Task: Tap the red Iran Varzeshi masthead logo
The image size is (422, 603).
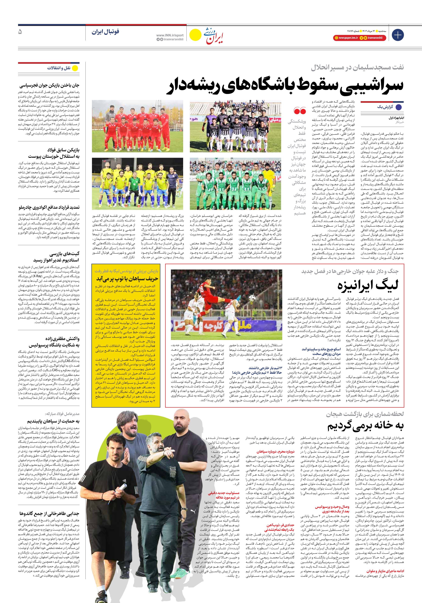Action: point(213,35)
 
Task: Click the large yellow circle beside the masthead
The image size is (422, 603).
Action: point(195,35)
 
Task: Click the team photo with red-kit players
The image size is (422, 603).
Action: point(137,126)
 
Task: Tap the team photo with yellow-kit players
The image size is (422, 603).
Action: point(137,183)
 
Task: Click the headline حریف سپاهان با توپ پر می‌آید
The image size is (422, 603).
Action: point(127,278)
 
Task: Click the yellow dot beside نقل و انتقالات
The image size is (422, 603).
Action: point(75,68)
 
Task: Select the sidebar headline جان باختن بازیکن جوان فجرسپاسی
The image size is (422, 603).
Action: point(49,85)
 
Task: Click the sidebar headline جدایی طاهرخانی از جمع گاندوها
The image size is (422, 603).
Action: point(49,513)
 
